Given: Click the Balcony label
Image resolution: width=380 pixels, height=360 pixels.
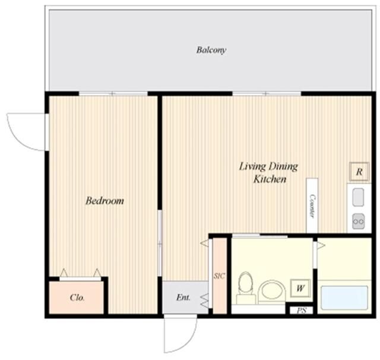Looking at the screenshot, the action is (x=211, y=50).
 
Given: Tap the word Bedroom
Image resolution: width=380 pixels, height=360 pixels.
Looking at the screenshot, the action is (x=104, y=201).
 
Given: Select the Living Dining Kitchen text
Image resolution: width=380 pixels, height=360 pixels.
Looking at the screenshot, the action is (x=268, y=173).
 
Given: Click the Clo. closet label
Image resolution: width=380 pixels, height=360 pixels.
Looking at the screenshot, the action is (x=77, y=298).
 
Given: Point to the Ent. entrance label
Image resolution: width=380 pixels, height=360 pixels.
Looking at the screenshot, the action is (x=183, y=297).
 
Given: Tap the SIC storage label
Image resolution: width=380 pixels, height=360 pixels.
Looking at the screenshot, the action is (x=219, y=276).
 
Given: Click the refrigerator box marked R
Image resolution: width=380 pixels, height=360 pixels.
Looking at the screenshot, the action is (x=359, y=172).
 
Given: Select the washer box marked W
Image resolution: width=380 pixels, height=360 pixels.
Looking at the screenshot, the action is (x=300, y=288).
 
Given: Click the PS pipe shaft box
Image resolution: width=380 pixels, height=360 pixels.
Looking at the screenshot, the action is (x=302, y=310).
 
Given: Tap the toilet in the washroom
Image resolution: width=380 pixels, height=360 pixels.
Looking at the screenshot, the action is (x=246, y=288).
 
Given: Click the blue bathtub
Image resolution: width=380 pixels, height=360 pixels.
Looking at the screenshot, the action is (x=344, y=298).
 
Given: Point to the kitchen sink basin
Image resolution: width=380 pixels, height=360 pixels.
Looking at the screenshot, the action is (x=358, y=197).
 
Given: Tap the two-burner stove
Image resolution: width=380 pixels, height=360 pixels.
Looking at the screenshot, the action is (x=359, y=221).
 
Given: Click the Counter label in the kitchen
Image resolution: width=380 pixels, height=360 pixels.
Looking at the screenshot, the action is (x=312, y=206).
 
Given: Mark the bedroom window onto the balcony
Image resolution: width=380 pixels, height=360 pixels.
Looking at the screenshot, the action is (x=113, y=94).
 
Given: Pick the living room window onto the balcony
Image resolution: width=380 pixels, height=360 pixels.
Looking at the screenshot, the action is (x=267, y=94).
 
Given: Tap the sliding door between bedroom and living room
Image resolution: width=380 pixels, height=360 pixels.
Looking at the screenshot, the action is (x=160, y=243).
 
